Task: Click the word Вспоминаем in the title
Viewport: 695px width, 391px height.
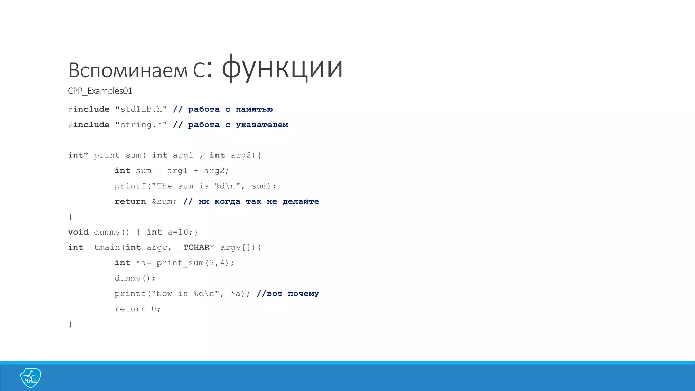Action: (x=128, y=70)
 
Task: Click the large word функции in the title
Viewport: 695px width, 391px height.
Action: (x=282, y=68)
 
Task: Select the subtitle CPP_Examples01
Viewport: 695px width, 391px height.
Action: (x=100, y=91)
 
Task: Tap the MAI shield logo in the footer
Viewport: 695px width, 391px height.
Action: (x=31, y=377)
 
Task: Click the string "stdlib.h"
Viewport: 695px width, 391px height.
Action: (x=141, y=109)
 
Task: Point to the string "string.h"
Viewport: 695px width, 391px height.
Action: (x=141, y=125)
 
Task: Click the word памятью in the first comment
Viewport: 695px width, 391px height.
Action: (x=254, y=109)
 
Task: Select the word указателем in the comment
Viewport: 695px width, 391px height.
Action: (x=262, y=125)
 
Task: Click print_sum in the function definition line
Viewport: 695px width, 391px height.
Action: (x=117, y=155)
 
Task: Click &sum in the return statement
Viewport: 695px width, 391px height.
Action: (x=162, y=202)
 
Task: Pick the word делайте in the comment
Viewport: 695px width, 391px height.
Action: (x=301, y=202)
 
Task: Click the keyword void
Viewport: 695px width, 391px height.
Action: (x=78, y=232)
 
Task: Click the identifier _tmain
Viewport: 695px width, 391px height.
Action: (x=105, y=247)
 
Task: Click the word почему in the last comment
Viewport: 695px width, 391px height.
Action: (x=303, y=294)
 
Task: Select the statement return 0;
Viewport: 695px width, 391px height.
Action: (x=137, y=309)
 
